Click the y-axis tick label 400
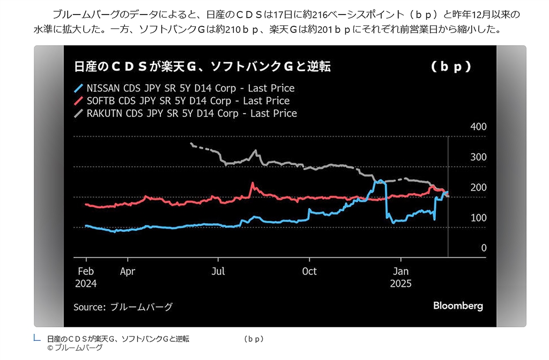(x=478, y=127)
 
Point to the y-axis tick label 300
(x=478, y=157)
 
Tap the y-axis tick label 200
(x=478, y=187)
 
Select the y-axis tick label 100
(x=478, y=218)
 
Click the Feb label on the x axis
(x=86, y=271)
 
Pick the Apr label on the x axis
(x=128, y=271)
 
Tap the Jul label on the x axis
(x=218, y=271)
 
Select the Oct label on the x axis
(x=309, y=271)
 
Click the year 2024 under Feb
(x=86, y=283)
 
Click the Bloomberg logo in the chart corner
(x=458, y=306)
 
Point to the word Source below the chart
(x=88, y=307)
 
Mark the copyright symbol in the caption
(x=50, y=348)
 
